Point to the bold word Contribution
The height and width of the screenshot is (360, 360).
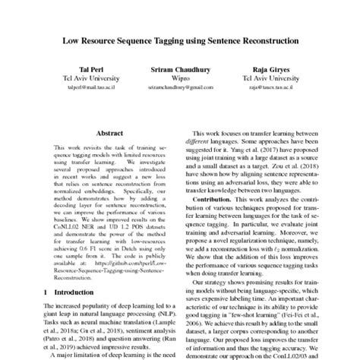tap(215, 199)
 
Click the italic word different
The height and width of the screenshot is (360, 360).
tap(199, 141)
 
